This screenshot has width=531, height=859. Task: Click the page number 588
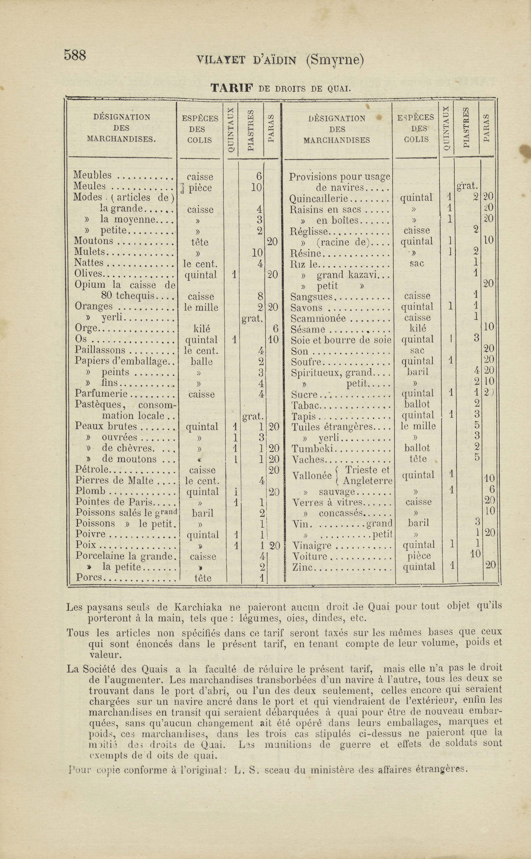click(x=75, y=55)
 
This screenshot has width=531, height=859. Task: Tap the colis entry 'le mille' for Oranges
click(x=201, y=307)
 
